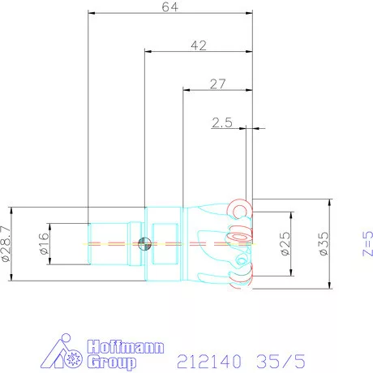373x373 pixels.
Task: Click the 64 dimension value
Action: (170, 6)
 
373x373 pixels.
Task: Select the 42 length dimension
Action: (199, 45)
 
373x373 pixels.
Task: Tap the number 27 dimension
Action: (217, 84)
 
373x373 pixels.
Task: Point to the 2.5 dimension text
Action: (222, 122)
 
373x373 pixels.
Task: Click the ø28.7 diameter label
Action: (6, 244)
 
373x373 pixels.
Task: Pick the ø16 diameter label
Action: (45, 243)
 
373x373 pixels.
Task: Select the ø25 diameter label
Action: (285, 243)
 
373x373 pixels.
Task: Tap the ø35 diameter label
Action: (324, 243)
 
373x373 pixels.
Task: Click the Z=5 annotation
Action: (367, 243)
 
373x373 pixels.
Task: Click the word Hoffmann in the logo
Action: (126, 347)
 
